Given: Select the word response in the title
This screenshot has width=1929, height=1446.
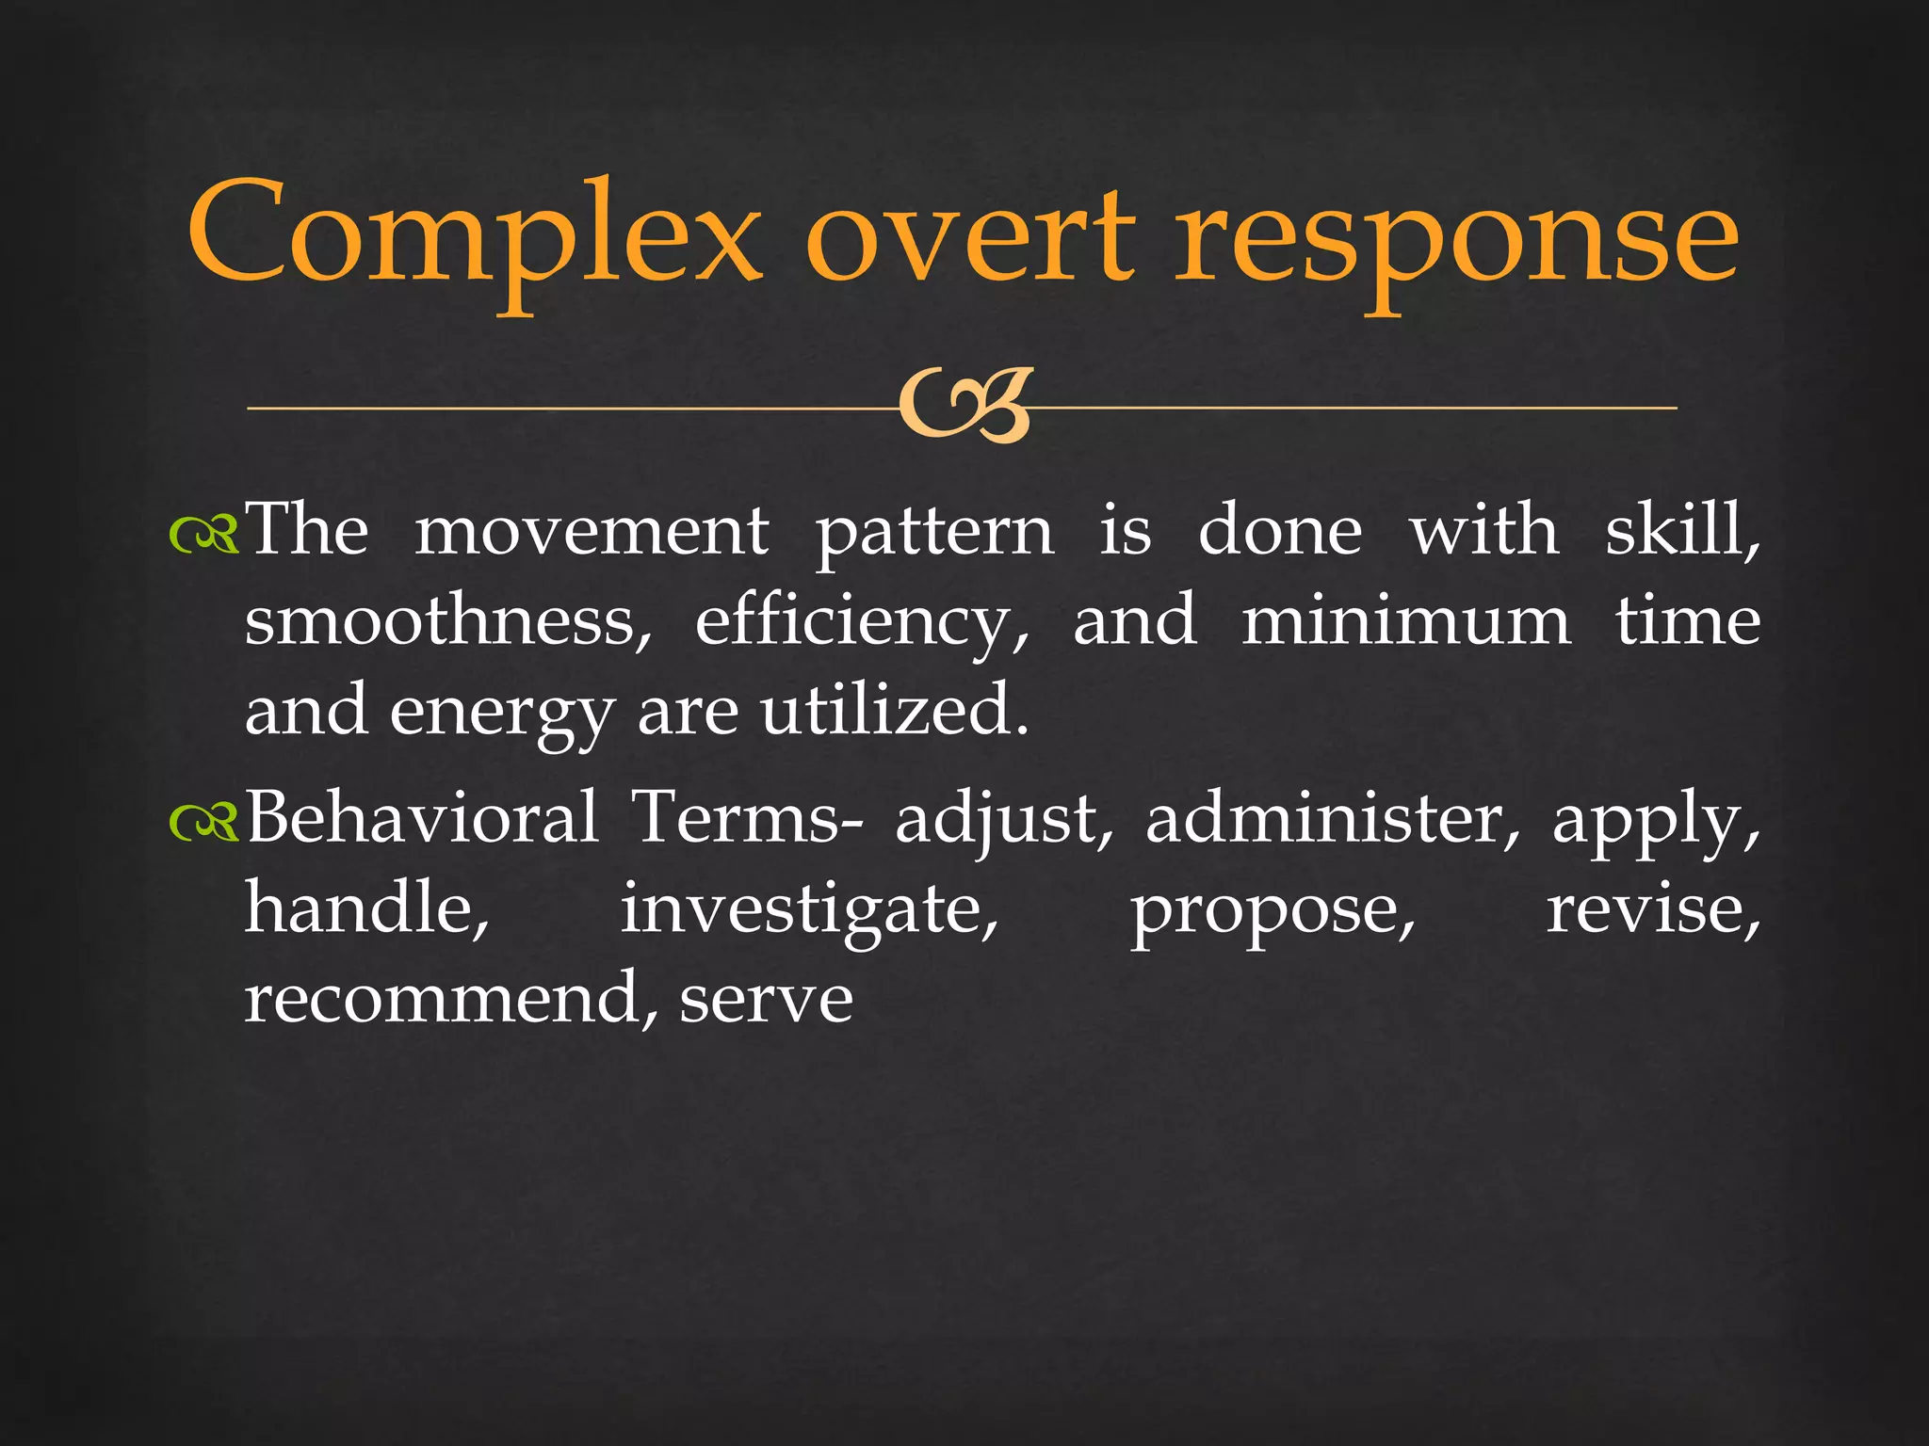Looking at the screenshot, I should click(x=1456, y=240).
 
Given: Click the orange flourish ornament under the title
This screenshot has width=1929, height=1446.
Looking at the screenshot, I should click(x=964, y=407).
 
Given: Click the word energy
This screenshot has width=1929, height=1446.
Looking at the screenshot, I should click(x=502, y=714).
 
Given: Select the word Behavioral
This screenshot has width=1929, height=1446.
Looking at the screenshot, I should click(x=422, y=817).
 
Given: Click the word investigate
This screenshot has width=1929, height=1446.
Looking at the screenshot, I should click(x=809, y=911).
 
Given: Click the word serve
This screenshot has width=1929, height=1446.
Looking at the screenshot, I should click(x=766, y=1000).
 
